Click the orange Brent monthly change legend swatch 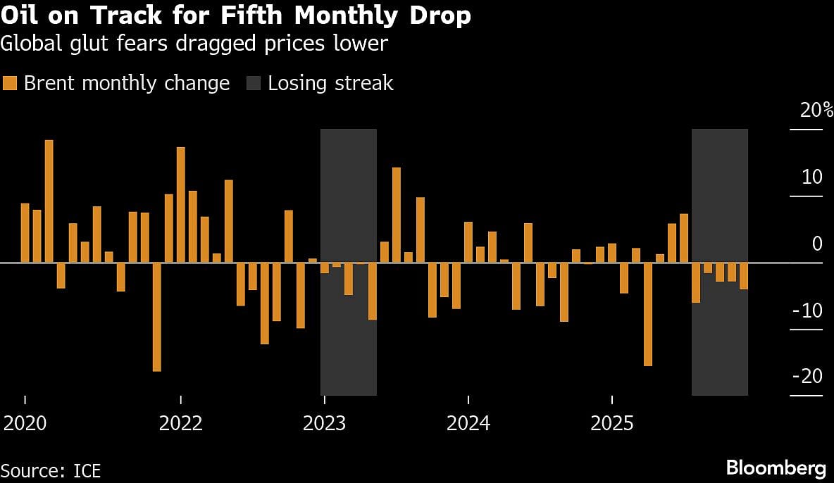(10, 83)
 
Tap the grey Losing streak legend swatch (253, 83)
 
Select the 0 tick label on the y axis (817, 244)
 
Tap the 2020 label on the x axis (25, 424)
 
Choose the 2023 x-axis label (324, 424)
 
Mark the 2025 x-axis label (612, 424)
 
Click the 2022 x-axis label (181, 424)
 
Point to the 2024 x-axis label (468, 424)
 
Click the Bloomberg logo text (776, 468)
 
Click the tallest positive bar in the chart (49, 201)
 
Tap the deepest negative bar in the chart (156, 317)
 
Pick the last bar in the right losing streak (744, 276)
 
